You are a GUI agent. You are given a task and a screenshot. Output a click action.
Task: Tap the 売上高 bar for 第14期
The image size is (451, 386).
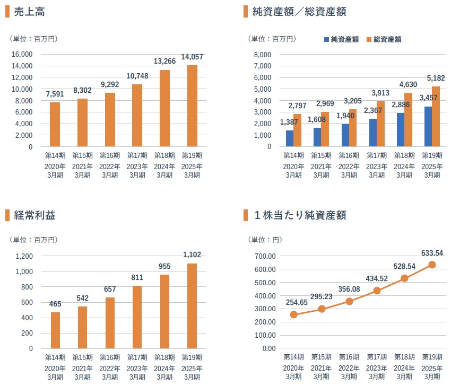pyautogui.click(x=55, y=124)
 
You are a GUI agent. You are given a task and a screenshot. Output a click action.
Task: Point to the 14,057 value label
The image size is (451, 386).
pyautogui.click(x=192, y=57)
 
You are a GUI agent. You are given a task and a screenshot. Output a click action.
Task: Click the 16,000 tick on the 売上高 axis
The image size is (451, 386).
pyautogui.click(x=22, y=54)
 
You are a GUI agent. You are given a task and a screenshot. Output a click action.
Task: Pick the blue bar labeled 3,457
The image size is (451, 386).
pyautogui.click(x=428, y=126)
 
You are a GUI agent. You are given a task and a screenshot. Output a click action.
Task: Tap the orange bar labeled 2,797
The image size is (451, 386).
pyautogui.click(x=297, y=130)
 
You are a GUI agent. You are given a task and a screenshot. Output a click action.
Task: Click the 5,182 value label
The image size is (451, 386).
pyautogui.click(x=436, y=78)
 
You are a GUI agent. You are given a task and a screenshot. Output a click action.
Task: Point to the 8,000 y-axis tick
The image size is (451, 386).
pyautogui.click(x=263, y=54)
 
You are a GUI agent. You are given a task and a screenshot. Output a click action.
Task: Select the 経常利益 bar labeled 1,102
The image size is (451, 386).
pyautogui.click(x=192, y=305)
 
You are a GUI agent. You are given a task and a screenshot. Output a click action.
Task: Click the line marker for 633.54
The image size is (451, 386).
pyautogui.click(x=432, y=265)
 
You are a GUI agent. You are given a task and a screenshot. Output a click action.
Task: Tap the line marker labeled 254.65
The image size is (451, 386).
pyautogui.click(x=293, y=314)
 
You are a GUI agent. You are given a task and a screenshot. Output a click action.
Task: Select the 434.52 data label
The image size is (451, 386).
pyautogui.click(x=377, y=278)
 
